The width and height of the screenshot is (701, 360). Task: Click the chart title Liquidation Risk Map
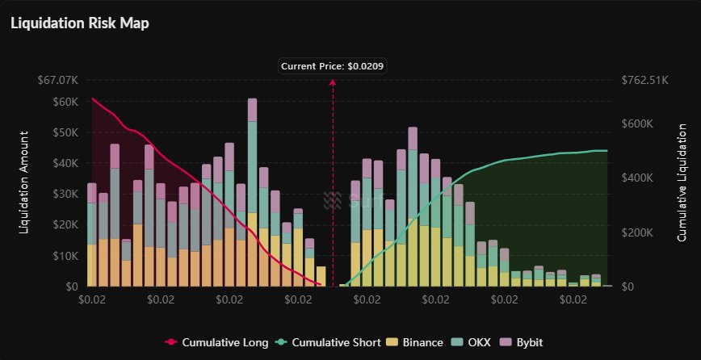click(79, 23)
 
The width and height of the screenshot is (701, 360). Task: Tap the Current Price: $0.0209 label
click(334, 66)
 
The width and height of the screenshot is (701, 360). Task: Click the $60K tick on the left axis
click(64, 102)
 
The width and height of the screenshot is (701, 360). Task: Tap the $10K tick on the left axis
click(64, 256)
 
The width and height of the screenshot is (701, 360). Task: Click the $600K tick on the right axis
click(640, 123)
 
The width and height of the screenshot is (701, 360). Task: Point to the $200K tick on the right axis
click(640, 232)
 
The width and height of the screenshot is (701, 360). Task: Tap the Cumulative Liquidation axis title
click(682, 183)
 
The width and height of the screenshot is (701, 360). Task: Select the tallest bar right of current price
click(413, 207)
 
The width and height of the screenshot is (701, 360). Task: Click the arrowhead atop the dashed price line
click(334, 83)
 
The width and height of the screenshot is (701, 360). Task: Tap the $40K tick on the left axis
click(64, 163)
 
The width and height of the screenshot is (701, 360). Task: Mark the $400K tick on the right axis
click(640, 178)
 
